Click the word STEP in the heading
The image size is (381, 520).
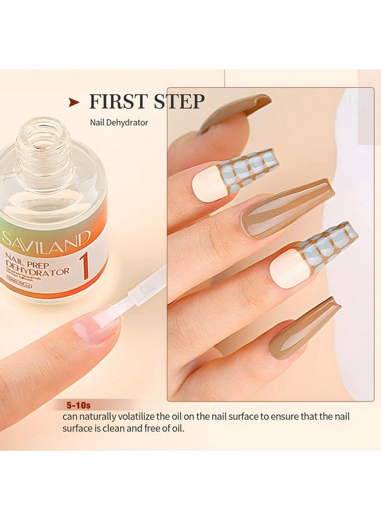(179, 101)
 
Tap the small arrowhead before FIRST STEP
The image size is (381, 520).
(74, 102)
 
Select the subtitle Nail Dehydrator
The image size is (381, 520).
(119, 122)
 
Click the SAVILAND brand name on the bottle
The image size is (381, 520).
(46, 237)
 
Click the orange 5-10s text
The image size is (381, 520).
(76, 404)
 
